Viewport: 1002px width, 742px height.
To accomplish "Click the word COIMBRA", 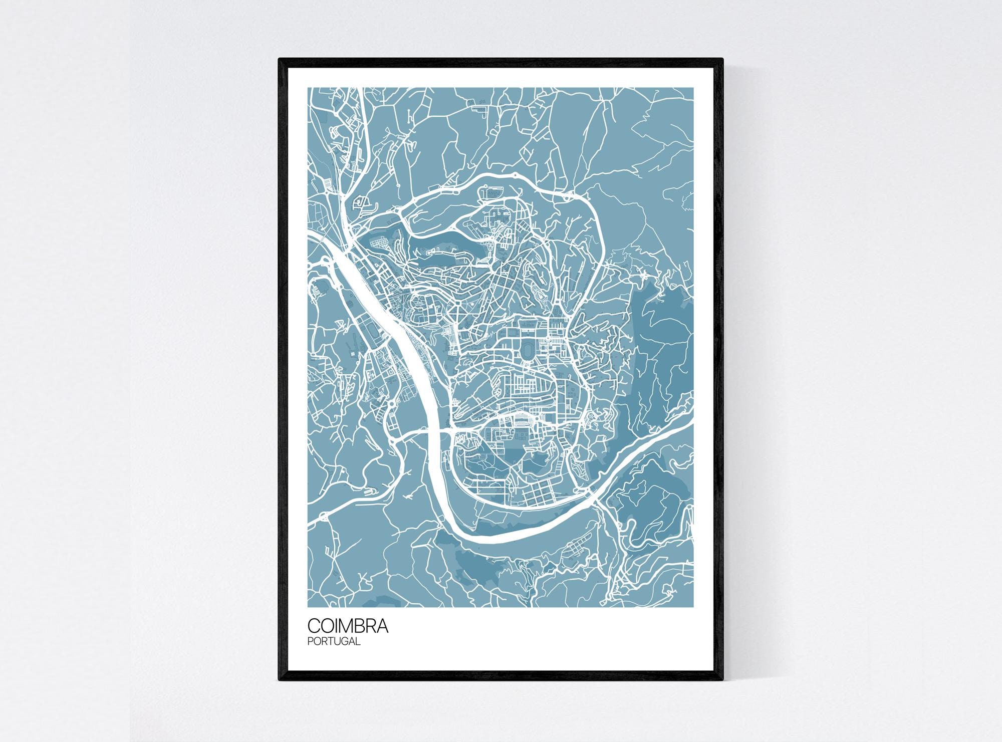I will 347,626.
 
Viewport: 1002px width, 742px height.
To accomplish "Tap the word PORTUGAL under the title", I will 334,641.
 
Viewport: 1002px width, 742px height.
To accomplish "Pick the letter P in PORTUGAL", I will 310,641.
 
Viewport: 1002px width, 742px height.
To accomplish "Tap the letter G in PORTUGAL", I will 343,641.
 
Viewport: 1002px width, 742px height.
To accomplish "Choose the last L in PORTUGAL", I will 358,641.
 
